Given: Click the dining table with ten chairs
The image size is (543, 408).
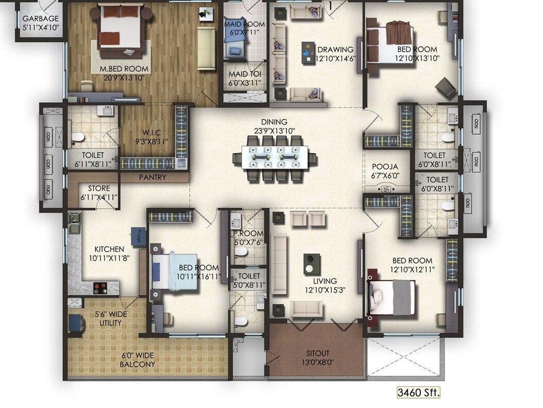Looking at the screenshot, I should pos(273,155).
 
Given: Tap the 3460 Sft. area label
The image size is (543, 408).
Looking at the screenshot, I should pos(418,393).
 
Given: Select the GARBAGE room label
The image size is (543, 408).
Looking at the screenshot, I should pos(40,19).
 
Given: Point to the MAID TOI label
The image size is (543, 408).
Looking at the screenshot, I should pos(245,74).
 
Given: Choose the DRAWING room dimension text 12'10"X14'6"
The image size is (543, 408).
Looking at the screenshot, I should pos(335,59).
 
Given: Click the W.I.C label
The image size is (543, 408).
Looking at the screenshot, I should pos(151,132).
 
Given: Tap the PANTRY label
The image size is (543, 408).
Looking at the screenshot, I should pos(153,177).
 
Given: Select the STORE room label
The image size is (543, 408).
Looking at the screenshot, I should pos(99,189).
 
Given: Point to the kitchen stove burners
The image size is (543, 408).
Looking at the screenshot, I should pos(100,286).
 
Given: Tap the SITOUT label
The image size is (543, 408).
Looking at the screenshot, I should pos(317,353).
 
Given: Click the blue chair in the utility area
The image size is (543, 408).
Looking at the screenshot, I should pos(76,322).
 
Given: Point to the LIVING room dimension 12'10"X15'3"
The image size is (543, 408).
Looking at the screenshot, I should pos(324,289).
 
